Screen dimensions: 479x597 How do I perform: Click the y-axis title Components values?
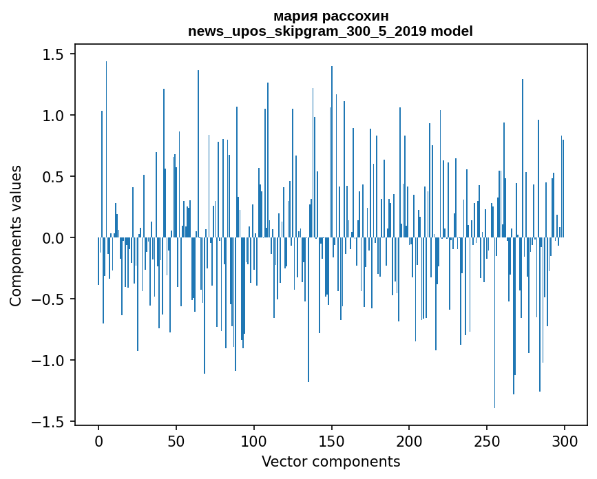tap(16, 235)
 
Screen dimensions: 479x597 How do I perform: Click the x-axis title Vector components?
tap(331, 461)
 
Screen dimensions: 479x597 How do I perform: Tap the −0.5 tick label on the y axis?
tap(50, 299)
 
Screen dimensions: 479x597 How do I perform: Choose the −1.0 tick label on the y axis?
tap(50, 361)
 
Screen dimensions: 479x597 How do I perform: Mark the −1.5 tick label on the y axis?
tap(50, 422)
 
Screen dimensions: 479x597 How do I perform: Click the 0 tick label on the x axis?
tap(98, 440)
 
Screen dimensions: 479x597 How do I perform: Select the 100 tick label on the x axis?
tap(253, 440)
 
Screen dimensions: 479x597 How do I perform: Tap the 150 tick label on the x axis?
tap(331, 440)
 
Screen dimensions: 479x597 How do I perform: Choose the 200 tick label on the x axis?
tap(409, 440)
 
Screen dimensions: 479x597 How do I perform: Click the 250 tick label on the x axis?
tap(487, 440)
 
